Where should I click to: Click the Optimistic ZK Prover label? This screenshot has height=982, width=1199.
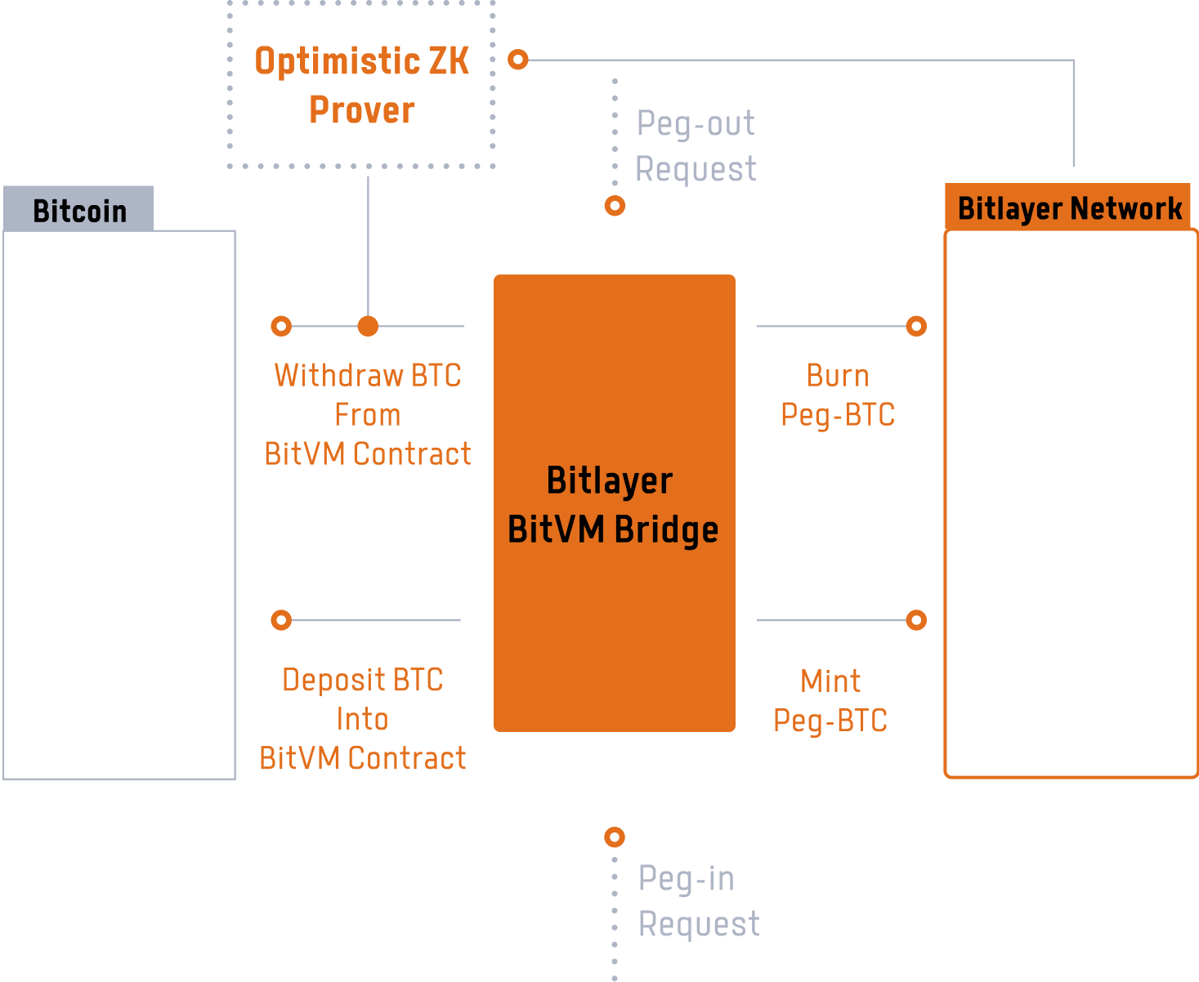[361, 85]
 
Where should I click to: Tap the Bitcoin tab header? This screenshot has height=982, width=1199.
[79, 211]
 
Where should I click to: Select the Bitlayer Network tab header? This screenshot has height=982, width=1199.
[1069, 208]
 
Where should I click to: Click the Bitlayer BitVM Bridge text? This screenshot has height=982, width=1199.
[612, 505]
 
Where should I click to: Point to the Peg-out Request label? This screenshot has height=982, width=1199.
[696, 146]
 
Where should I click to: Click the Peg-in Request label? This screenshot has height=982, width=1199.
[697, 901]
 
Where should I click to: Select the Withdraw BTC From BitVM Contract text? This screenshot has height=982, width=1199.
[367, 414]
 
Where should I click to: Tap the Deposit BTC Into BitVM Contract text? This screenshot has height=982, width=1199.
[362, 719]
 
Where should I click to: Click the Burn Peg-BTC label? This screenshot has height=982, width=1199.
[837, 395]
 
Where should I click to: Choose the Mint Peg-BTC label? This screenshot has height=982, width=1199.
[830, 700]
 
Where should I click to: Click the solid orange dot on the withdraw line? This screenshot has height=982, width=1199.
[368, 327]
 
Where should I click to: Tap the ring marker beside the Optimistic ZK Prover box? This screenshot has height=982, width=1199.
[518, 60]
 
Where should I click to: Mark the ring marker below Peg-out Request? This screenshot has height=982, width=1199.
[615, 206]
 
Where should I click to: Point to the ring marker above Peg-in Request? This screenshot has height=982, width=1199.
[615, 837]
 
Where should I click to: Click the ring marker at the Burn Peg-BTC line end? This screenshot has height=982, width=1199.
[916, 327]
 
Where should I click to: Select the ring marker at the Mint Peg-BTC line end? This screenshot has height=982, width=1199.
[916, 620]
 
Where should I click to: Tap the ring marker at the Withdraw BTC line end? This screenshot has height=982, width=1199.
[281, 327]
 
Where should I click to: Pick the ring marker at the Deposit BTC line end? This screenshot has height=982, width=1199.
[281, 620]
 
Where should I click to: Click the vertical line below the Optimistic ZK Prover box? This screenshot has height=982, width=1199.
[368, 245]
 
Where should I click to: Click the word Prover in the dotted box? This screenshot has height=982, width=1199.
[361, 110]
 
